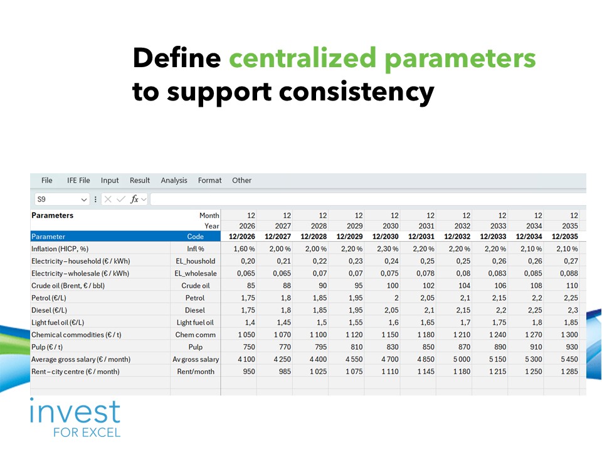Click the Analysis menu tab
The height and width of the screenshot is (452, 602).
[174, 180]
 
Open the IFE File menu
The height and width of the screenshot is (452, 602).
[78, 180]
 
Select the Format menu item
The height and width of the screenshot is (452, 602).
[209, 180]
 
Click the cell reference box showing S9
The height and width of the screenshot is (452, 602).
[61, 199]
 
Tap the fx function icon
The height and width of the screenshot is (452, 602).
[134, 199]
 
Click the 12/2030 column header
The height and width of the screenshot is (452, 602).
[386, 237]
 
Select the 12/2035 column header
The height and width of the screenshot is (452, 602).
[565, 237]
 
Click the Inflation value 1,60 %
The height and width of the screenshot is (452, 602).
[244, 249]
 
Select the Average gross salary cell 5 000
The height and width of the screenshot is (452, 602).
[462, 359]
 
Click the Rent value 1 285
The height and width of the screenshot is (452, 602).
[569, 371]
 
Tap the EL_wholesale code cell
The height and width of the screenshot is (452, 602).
[196, 273]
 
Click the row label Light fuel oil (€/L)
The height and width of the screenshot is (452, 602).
[58, 323]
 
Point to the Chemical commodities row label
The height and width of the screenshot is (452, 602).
[76, 335]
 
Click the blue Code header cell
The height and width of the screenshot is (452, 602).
[196, 237]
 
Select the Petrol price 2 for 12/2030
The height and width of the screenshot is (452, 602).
[396, 298]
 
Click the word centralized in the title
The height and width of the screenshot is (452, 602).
[302, 58]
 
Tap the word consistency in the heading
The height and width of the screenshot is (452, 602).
[356, 92]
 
